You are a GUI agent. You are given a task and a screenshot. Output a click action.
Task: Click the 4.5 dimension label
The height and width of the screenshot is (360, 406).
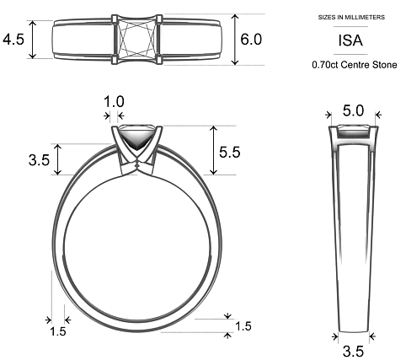coord(13,40)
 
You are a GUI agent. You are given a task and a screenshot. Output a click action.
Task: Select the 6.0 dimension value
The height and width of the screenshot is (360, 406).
coord(251,40)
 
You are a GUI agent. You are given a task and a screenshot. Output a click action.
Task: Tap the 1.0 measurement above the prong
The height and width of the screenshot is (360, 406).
coord(113,101)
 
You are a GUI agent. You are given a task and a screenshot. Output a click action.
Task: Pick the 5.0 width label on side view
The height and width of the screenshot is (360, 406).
coord(353,110)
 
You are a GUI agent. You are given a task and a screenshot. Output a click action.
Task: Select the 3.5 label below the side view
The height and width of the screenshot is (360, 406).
coord(352,350)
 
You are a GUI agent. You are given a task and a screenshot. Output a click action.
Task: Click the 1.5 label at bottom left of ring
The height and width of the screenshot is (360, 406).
coord(58,331)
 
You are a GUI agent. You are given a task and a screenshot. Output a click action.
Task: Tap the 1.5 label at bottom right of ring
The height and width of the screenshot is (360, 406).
coord(243,326)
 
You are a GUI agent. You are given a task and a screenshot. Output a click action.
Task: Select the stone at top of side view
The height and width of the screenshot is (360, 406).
coord(353,131)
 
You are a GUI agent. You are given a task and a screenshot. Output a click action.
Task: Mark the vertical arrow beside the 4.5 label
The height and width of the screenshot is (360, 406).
coord(34,40)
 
